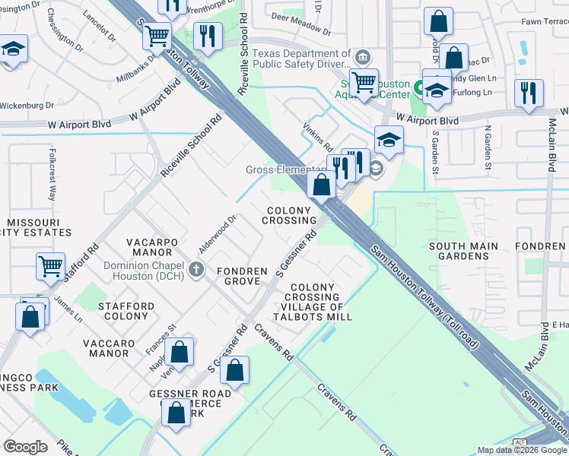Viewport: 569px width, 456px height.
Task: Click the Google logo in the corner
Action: point(26,447)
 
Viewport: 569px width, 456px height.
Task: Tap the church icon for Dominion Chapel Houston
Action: point(196,268)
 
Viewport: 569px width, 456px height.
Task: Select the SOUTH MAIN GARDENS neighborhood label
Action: point(463,251)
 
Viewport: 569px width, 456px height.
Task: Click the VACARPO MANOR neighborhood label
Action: point(154,247)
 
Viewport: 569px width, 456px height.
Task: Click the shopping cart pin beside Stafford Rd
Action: point(50,268)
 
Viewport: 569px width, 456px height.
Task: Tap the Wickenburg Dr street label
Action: point(27,106)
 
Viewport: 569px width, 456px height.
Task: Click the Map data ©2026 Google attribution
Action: point(521,450)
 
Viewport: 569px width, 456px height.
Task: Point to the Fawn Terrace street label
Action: point(544,21)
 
